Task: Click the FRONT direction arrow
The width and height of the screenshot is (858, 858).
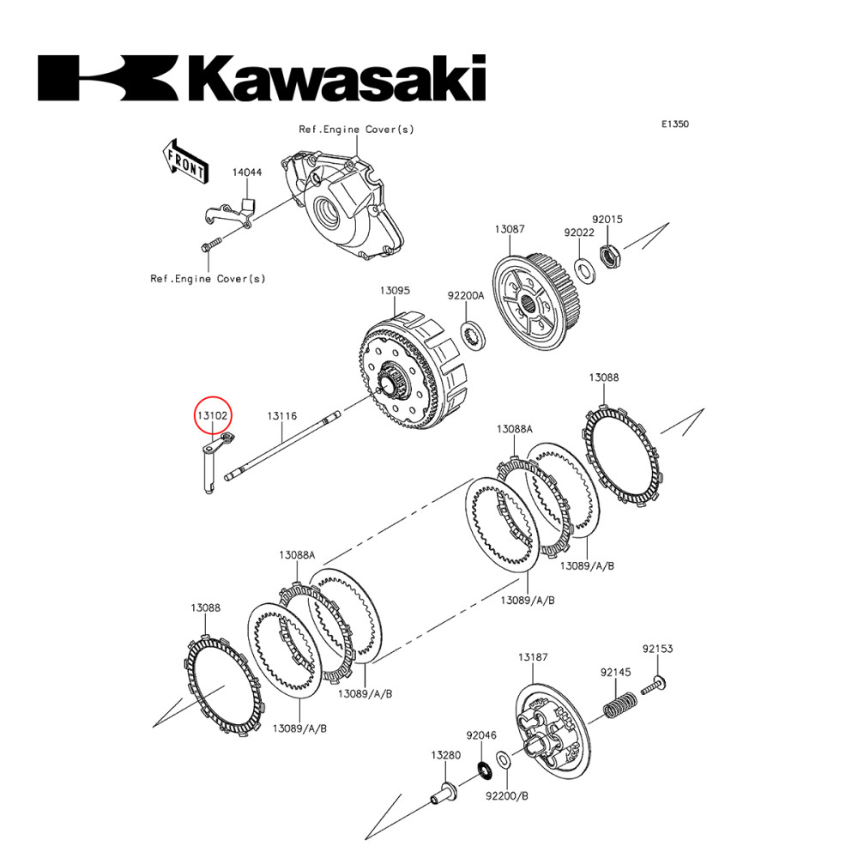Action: [x=184, y=160]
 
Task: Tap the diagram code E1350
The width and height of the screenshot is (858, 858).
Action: [x=674, y=124]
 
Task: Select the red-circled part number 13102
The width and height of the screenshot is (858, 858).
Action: [x=212, y=416]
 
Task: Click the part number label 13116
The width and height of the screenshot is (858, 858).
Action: [x=281, y=416]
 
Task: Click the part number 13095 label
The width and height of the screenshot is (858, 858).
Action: [x=395, y=292]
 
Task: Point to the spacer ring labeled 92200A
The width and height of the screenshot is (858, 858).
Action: [x=472, y=335]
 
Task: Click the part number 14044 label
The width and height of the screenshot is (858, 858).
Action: [x=246, y=172]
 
